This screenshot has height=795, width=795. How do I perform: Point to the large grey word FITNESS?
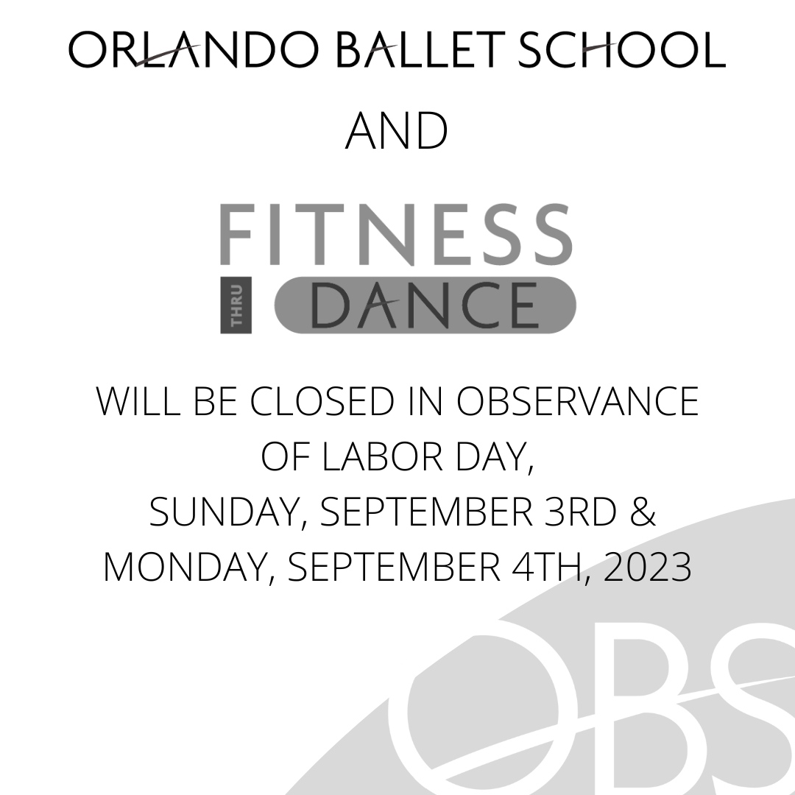click(396, 235)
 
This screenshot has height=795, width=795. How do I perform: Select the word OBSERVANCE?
click(578, 402)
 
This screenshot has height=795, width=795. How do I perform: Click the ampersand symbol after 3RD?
click(643, 512)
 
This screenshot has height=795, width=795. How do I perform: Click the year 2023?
click(648, 568)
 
